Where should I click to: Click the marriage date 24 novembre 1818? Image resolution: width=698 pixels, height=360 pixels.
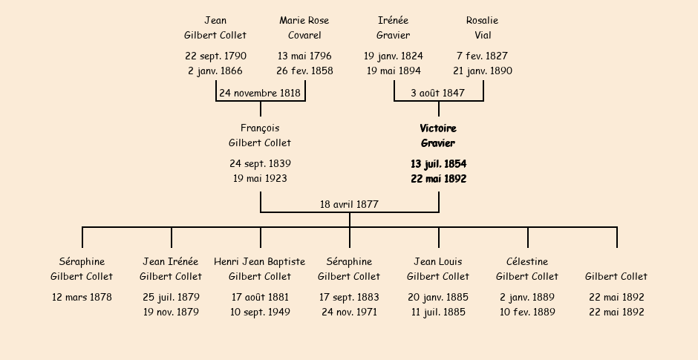coord(260,93)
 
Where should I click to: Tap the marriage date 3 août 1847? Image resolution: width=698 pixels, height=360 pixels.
coord(438,93)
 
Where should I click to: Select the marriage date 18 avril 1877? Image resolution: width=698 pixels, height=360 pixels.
coord(349,204)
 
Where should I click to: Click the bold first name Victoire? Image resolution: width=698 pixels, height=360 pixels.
coord(438,128)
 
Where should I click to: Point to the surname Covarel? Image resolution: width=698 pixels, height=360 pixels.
coord(304,35)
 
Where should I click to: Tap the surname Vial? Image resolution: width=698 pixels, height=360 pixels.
coord(483,35)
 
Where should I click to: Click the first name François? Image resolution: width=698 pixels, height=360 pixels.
coord(260,128)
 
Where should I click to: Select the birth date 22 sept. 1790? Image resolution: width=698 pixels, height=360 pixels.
coord(215,56)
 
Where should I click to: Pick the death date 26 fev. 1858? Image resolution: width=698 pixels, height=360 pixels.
coord(304,71)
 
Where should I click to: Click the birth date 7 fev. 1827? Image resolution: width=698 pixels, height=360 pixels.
coord(483,56)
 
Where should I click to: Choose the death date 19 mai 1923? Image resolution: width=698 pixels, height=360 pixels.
coord(260,178)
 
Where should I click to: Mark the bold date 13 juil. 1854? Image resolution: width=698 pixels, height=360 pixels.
coord(438,164)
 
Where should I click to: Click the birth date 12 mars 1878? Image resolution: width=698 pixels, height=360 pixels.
coord(82,297)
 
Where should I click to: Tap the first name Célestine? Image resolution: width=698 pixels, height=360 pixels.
coord(527,262)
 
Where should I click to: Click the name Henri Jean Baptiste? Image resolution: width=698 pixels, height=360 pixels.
coord(260,262)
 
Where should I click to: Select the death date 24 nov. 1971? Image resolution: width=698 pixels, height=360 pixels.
coord(349,312)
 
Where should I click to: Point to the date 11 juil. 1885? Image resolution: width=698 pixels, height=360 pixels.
coord(438,312)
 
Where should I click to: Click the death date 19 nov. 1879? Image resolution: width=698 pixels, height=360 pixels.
coord(171,312)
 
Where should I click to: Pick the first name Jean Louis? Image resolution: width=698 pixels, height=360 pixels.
coord(438,262)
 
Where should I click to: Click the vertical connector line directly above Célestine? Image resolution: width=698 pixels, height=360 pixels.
coord(527,238)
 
